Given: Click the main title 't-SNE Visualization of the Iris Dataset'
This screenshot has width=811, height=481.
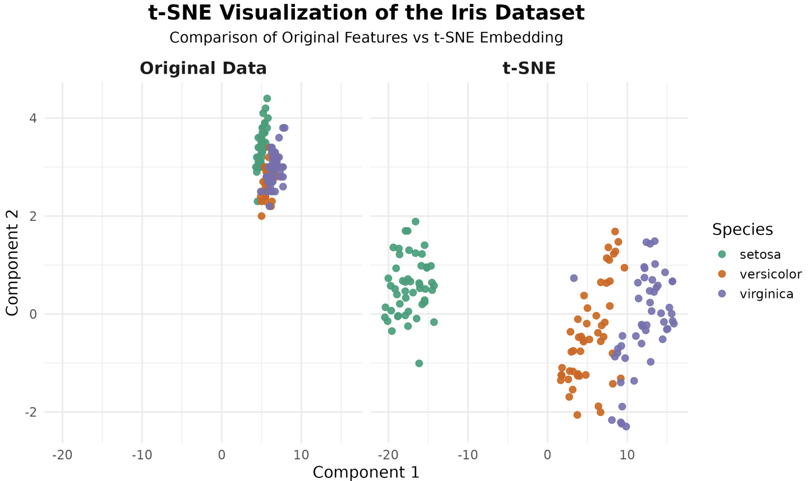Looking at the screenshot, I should click(x=366, y=13).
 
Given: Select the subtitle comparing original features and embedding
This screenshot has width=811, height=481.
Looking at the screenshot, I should click(x=366, y=38).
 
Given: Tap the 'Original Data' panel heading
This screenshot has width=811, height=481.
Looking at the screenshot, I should click(x=203, y=68).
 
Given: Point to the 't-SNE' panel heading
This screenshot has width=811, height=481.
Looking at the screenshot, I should click(x=529, y=68).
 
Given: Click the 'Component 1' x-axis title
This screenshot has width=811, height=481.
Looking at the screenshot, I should click(x=366, y=472).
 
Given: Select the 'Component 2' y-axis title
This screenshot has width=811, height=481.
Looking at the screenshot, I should click(x=12, y=263).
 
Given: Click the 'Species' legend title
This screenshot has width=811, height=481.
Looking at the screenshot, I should click(x=742, y=230).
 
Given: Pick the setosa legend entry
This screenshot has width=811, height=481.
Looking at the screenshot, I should click(x=760, y=254).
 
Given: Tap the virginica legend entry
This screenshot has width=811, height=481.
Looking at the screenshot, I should click(x=766, y=294).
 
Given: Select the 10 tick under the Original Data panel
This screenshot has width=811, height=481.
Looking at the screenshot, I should click(x=301, y=454).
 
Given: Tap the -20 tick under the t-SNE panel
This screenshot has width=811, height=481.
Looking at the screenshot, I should click(x=388, y=454).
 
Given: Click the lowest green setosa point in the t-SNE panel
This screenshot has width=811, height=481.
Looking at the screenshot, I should click(x=419, y=363).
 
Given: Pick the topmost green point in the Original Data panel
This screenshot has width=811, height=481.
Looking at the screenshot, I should click(x=267, y=98).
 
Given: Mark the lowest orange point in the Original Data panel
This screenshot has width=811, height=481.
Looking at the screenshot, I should click(x=261, y=216).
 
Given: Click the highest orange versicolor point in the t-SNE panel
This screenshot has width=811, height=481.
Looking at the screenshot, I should click(x=615, y=232).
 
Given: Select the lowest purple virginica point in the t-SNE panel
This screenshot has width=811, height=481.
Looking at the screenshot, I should click(x=626, y=426).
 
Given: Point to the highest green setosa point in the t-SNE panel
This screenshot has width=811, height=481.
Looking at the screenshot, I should click(x=415, y=221).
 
